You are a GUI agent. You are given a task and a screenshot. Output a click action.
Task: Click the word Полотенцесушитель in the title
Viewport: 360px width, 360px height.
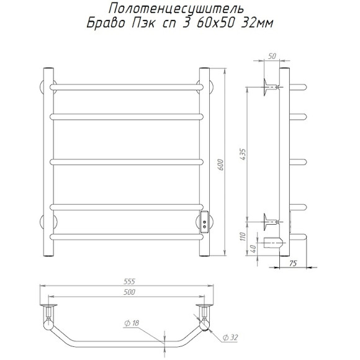tap(176, 9)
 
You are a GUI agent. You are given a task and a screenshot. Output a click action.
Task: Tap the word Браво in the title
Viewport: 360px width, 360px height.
tap(106, 23)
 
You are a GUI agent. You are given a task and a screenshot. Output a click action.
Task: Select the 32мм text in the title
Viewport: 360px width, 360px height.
tap(257, 23)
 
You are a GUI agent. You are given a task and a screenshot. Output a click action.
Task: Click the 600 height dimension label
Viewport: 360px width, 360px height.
tap(220, 164)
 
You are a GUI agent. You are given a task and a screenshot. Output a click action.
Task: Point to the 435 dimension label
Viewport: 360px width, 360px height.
tap(243, 155)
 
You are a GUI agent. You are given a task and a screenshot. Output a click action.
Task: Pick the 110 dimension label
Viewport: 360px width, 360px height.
tap(243, 236)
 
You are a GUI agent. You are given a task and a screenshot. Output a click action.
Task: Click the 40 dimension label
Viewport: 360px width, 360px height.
tap(253, 249)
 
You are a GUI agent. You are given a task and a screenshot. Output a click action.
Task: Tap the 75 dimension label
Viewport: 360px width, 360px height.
tap(293, 263)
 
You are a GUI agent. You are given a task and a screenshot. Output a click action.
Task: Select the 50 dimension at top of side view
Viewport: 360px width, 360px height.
tap(272, 56)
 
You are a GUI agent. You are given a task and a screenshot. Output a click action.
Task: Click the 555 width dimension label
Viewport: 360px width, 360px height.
tap(129, 281)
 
